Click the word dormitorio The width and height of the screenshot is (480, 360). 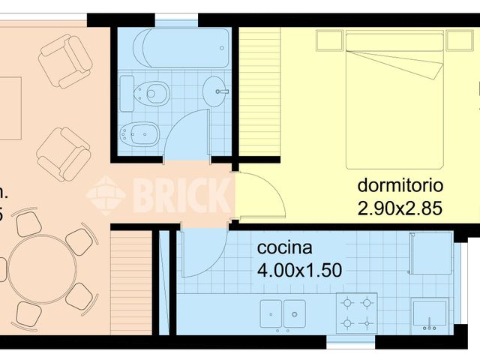(400, 185)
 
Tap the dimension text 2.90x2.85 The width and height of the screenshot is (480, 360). (400, 208)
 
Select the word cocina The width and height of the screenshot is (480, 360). (284, 248)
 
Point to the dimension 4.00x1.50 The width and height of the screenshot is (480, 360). (300, 270)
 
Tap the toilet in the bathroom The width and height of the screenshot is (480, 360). (149, 94)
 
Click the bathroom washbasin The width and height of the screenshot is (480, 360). (215, 90)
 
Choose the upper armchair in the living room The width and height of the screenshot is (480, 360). (66, 60)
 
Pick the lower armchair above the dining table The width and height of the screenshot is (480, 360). (64, 153)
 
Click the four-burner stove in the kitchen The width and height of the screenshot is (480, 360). (356, 313)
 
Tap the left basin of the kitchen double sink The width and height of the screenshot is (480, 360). (271, 313)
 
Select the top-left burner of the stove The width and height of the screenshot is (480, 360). (347, 303)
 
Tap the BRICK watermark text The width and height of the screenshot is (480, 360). (180, 195)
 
